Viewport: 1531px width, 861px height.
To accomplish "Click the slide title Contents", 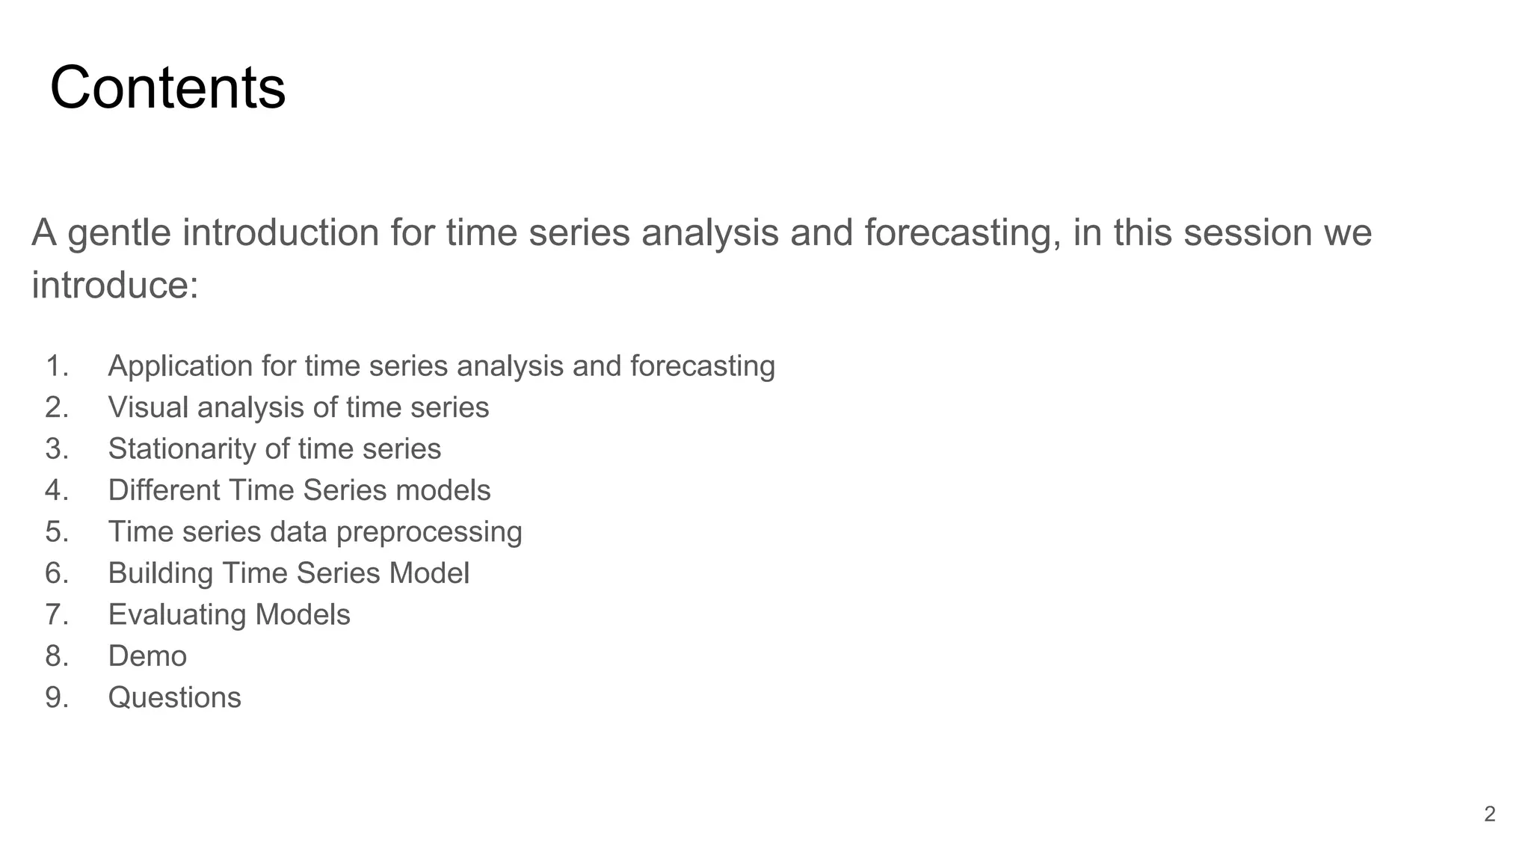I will tap(167, 87).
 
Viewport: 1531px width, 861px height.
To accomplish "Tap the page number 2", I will tap(1489, 814).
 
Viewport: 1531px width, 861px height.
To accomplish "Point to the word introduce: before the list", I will tap(115, 286).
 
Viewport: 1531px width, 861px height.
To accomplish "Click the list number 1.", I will tap(57, 366).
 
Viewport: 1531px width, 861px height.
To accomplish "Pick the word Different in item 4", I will tap(163, 490).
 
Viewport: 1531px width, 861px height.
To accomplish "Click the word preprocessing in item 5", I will tap(428, 532).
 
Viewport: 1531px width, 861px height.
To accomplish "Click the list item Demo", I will tap(147, 656).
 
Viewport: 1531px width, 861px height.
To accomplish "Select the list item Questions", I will tap(174, 697).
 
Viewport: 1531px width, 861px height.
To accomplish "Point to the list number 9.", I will tap(57, 697).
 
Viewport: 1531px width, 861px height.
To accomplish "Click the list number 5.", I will tap(57, 532).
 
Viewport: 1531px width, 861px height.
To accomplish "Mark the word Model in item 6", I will tap(429, 573).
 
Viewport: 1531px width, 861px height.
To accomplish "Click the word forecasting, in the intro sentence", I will tap(962, 232).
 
